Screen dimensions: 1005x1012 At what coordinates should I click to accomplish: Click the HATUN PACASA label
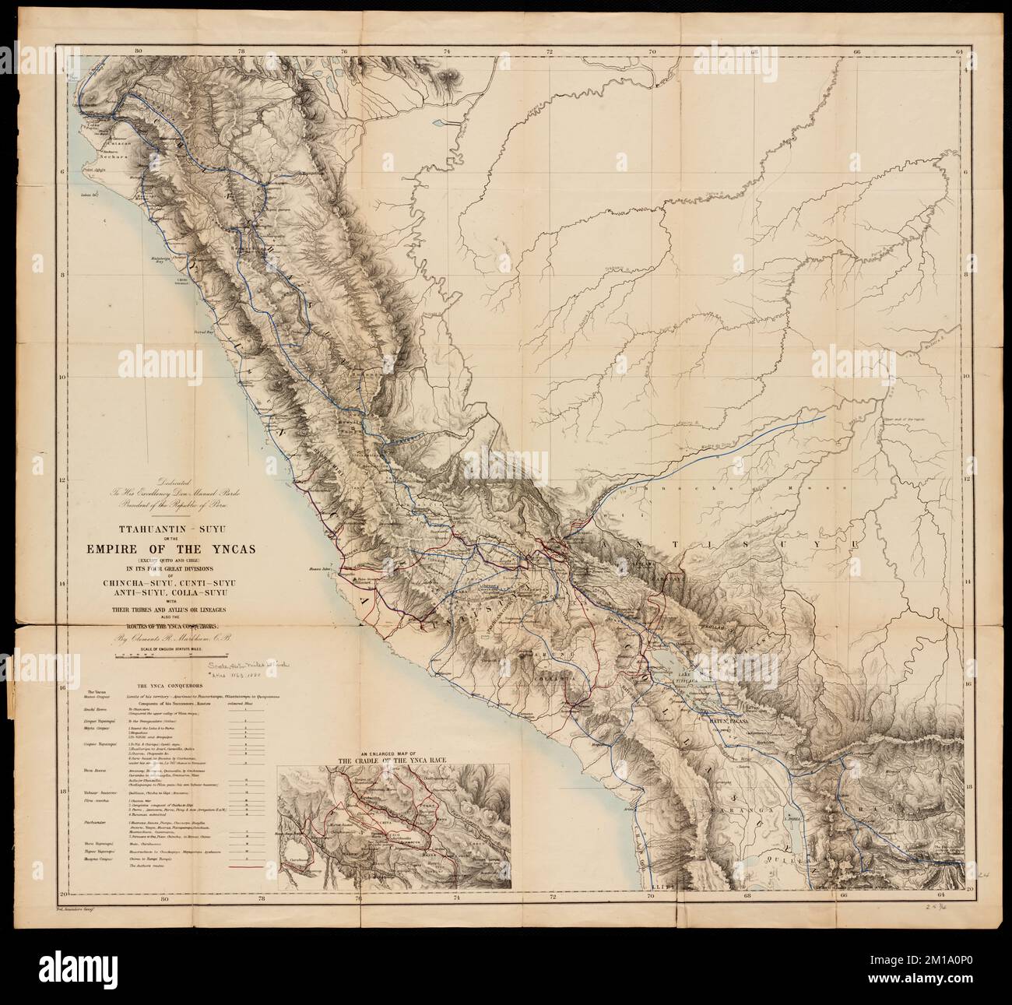(x=727, y=720)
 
